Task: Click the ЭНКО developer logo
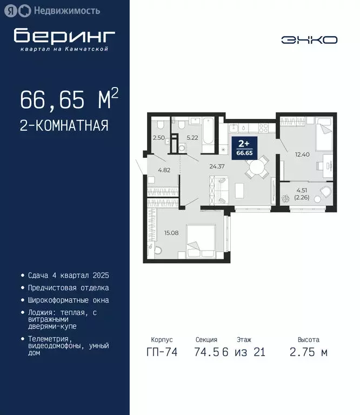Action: coord(309,39)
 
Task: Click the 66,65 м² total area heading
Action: coord(69,100)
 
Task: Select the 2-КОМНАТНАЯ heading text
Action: coord(64,126)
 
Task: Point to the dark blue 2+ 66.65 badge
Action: coord(245,148)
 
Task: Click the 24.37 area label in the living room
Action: coord(217,166)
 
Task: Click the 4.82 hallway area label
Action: coord(164,170)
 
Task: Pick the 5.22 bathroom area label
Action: coord(192,138)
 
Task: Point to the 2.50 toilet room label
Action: coord(158,138)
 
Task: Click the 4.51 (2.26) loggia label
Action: coord(301,193)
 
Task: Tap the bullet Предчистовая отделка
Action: coord(68,288)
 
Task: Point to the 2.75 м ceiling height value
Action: coord(308,352)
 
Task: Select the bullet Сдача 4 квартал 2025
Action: coord(68,276)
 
